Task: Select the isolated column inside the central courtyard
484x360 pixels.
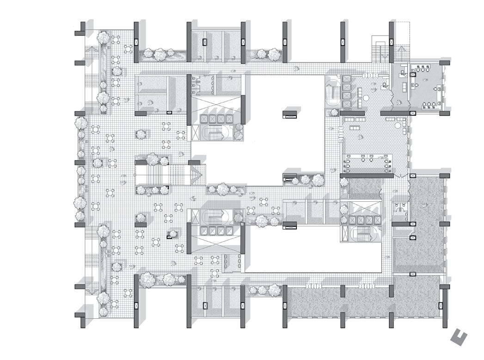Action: tap(290, 114)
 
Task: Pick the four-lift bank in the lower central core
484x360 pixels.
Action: tap(214, 230)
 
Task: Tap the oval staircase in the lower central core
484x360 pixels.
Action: tap(213, 216)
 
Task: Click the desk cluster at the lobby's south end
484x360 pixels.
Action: tap(368, 163)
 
